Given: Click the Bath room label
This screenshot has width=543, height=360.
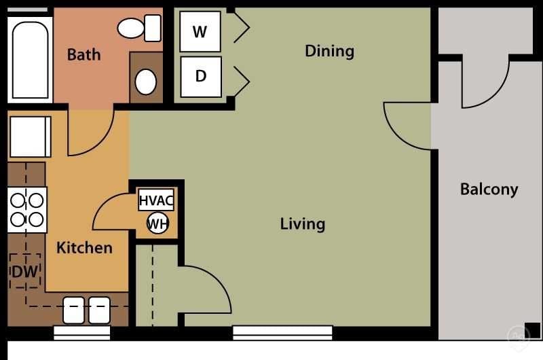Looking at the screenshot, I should coord(83,54).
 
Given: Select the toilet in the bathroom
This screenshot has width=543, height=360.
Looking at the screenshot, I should coord(139,28).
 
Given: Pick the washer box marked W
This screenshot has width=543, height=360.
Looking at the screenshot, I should coord(200,31).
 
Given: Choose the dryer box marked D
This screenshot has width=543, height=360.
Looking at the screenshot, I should coord(200,76).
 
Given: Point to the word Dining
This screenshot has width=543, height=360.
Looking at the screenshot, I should coord(329,51).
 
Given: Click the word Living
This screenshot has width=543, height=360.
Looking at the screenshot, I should coord(302,223).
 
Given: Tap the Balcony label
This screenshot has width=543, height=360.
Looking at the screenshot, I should coord(489,189).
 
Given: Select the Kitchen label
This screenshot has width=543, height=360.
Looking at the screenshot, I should coord(84,247).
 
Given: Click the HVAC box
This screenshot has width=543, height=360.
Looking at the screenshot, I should coord(156,200).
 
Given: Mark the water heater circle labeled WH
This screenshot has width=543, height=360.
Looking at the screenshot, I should coord(157,223).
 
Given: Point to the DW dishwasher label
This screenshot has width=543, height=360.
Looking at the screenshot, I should coord(24,272).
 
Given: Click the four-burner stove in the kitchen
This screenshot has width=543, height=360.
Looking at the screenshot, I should coord(27,210).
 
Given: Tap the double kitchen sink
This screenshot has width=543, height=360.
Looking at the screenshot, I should coord(86,310).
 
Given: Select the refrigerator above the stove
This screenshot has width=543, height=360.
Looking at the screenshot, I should coord(29,137).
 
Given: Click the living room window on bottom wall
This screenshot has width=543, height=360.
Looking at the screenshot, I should coord(282,333).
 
